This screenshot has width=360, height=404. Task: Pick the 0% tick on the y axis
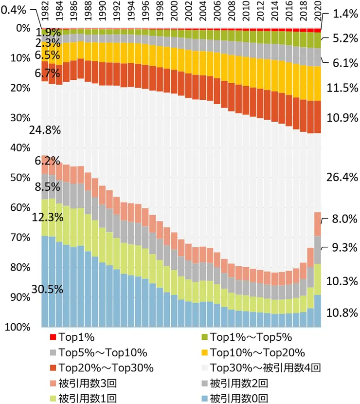coord(23,28)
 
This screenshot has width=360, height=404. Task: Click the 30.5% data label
coord(47,289)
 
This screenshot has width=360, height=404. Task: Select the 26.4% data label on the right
coord(342,177)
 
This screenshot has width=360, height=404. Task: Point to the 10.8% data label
coord(342,313)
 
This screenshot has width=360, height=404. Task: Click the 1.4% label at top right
coord(345,14)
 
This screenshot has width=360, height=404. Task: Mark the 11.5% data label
coord(342,88)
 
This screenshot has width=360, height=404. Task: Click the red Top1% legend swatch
coord(53,337)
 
